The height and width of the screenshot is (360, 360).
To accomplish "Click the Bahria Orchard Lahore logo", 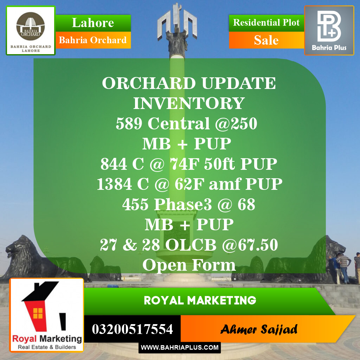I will point(31,31).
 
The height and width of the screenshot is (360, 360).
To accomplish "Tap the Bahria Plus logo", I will point(329,30).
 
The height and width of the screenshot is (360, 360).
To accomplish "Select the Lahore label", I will point(93,23).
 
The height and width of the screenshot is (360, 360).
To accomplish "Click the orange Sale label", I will point(266,40).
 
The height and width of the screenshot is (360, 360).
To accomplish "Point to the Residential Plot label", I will point(266,23).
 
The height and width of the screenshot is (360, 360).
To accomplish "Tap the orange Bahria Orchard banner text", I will point(93,40).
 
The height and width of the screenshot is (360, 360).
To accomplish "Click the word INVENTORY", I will point(189,103).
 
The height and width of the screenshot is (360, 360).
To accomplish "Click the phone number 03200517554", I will point(132,329).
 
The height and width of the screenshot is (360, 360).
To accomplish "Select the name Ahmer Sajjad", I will point(259,329).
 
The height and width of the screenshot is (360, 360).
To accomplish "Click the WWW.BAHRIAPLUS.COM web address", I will point(180,348).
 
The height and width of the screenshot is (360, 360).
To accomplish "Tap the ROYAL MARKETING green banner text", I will point(200,301).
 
